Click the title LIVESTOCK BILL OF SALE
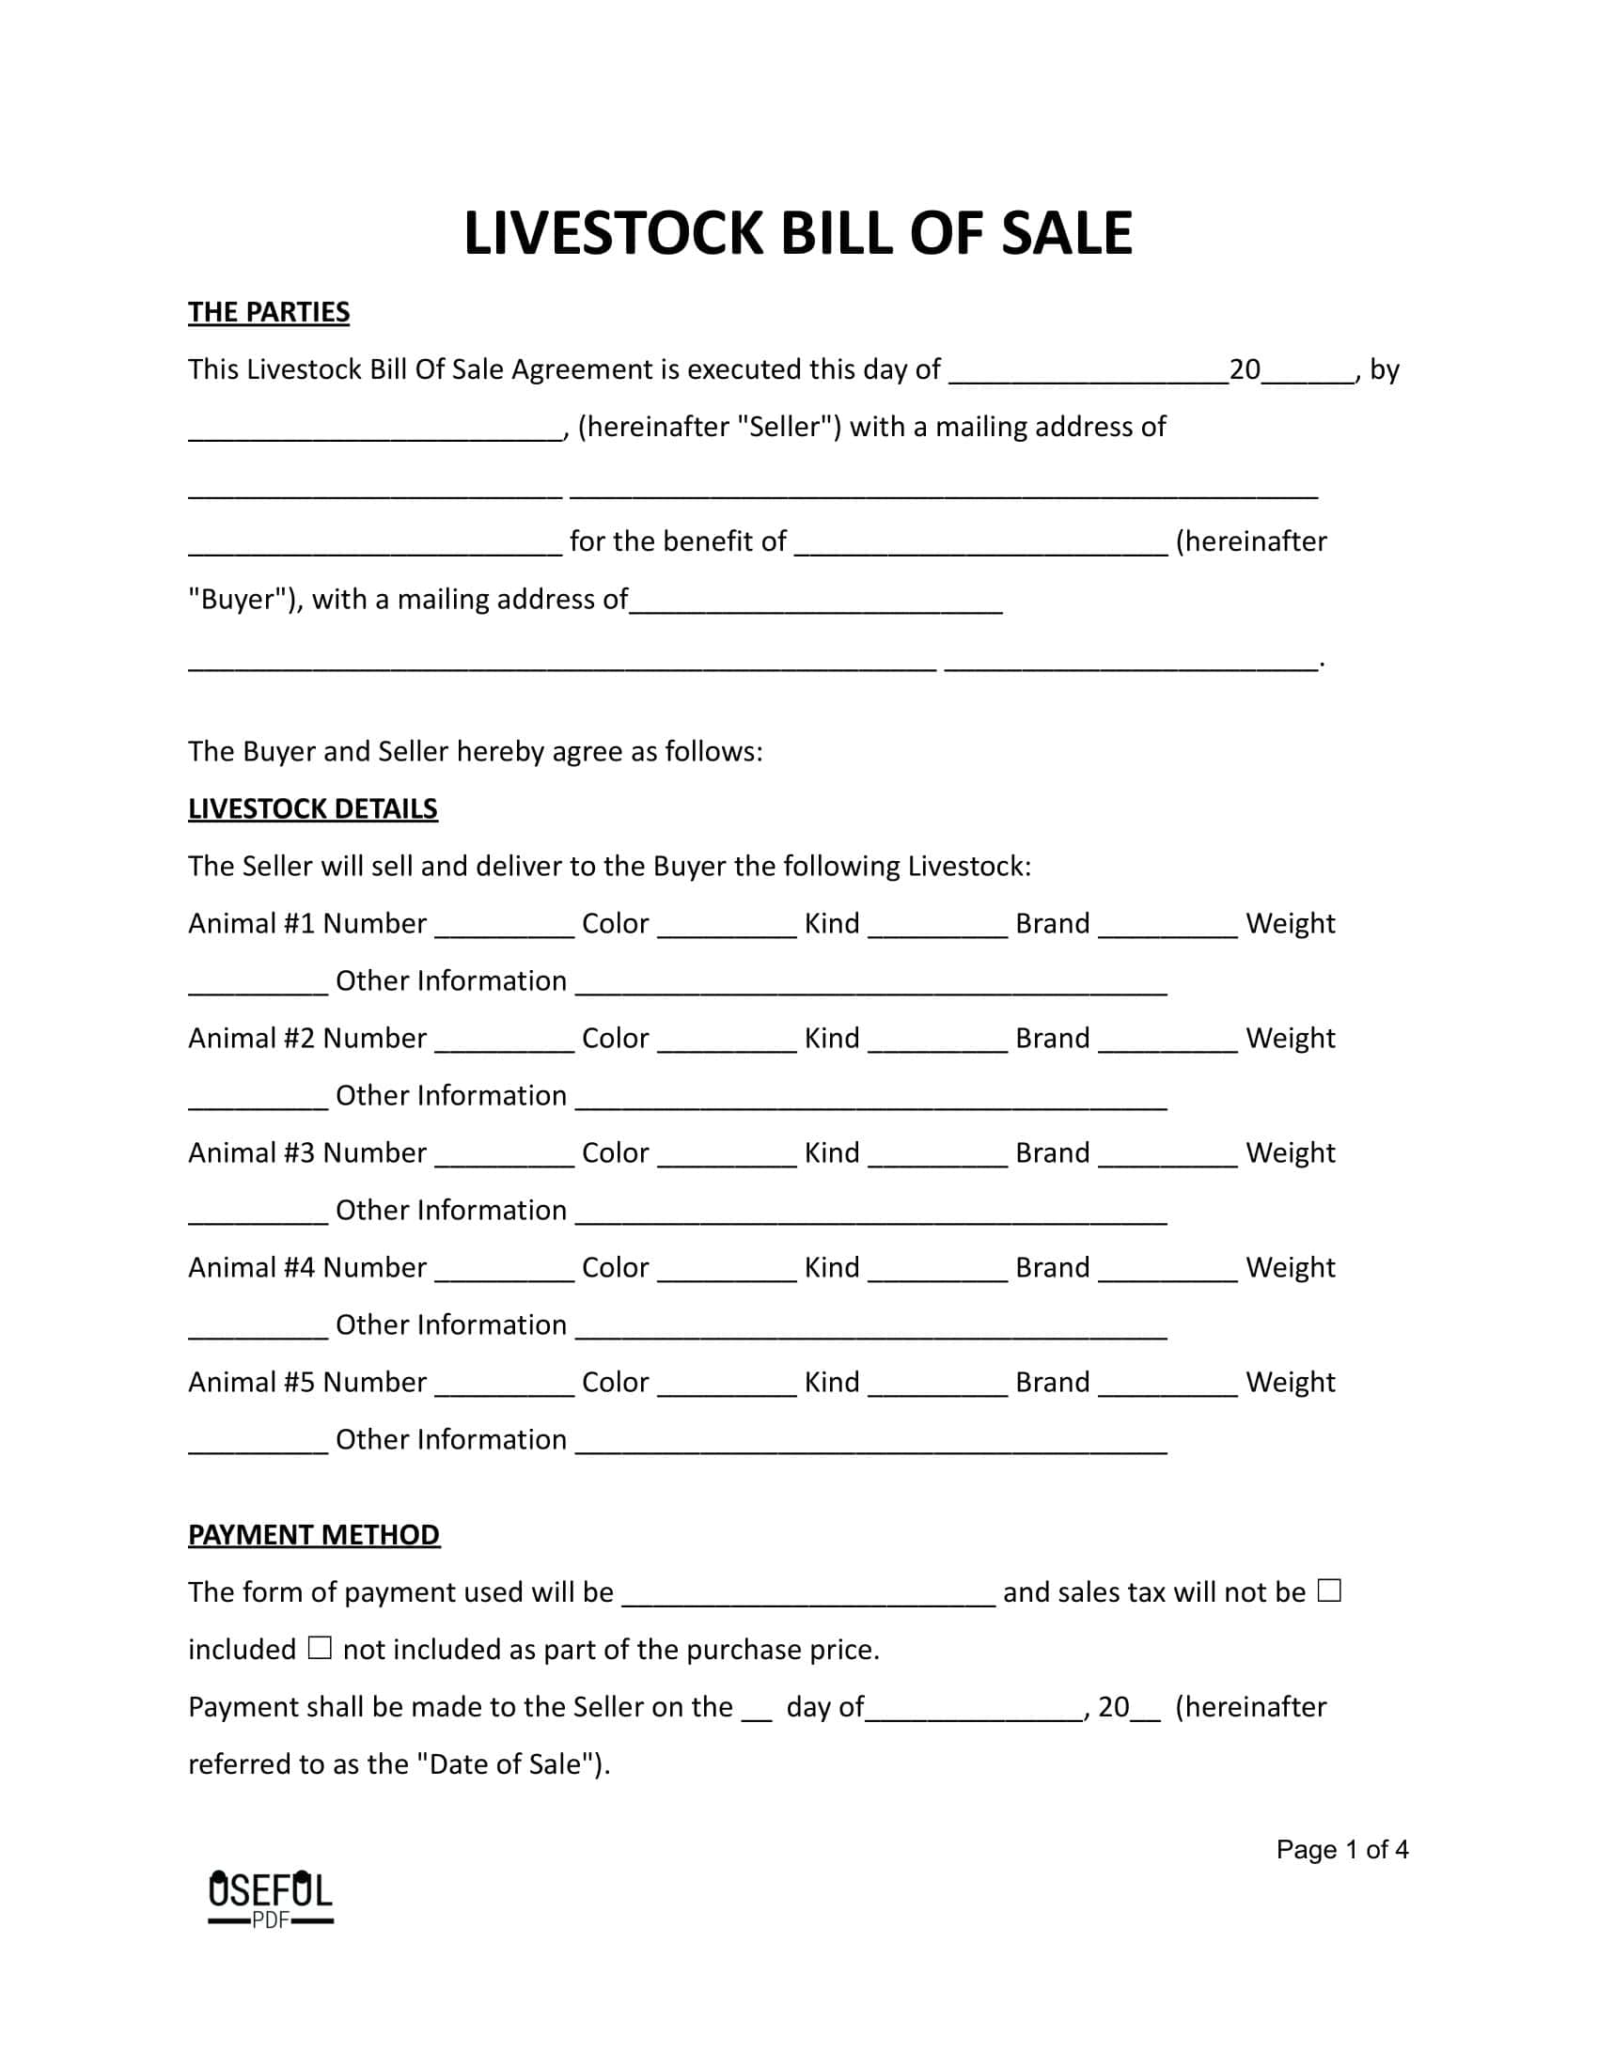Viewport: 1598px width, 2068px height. pyautogui.click(x=797, y=234)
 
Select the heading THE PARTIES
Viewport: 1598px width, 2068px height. pyautogui.click(x=269, y=312)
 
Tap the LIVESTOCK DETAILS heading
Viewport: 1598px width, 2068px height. pyautogui.click(x=312, y=808)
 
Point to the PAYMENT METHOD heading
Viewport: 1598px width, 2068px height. pyautogui.click(x=313, y=1534)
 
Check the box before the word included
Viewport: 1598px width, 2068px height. pyautogui.click(x=1329, y=1590)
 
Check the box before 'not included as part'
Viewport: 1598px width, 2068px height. pyautogui.click(x=320, y=1649)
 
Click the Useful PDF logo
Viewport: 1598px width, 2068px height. pyautogui.click(x=270, y=1898)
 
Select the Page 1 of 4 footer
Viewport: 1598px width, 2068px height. pyautogui.click(x=1341, y=1849)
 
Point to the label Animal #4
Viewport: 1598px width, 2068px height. pyautogui.click(x=251, y=1268)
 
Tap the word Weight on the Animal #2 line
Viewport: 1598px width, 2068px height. pyautogui.click(x=1291, y=1039)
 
